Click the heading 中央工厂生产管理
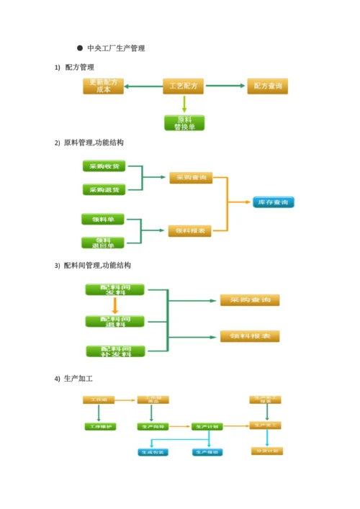point(115,48)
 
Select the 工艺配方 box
point(183,86)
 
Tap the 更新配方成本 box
point(104,86)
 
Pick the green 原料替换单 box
point(184,122)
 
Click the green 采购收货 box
point(104,166)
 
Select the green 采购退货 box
point(104,189)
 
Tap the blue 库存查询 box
point(273,202)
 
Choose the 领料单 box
point(104,218)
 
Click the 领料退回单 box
point(104,243)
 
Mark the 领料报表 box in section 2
point(190,231)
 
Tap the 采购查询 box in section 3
point(250,300)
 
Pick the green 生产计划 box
point(207,426)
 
